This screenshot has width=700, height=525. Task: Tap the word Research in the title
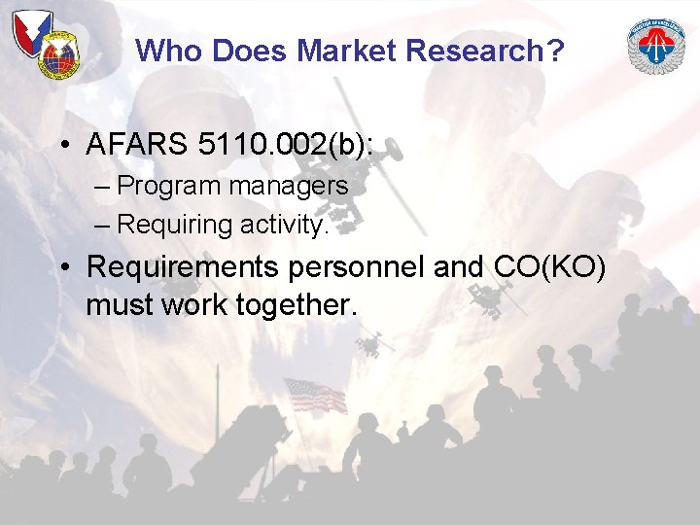(463, 51)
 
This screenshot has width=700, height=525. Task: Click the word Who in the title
(168, 51)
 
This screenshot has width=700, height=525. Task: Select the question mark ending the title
(555, 51)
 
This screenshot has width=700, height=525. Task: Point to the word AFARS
(136, 145)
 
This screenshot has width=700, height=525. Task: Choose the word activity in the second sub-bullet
(282, 225)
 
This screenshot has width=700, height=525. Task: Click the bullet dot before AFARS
(61, 147)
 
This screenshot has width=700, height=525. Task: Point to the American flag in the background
(314, 395)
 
